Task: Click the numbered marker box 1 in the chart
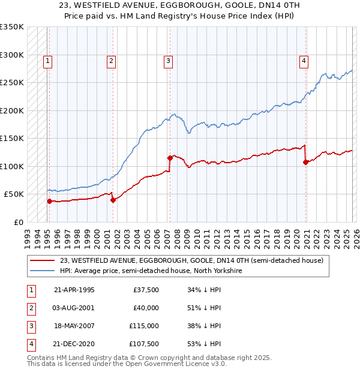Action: (47, 60)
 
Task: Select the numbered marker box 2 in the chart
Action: (112, 60)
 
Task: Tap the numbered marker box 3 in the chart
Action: (168, 60)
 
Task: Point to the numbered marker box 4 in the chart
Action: (304, 60)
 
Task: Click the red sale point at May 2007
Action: (170, 158)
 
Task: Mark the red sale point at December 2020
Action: (305, 162)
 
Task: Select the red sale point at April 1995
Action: (50, 201)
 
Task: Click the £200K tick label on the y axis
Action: (12, 110)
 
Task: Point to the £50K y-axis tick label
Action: (14, 194)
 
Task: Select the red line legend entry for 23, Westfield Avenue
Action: (191, 260)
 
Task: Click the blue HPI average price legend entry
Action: (151, 271)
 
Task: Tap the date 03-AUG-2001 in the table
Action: (74, 308)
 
